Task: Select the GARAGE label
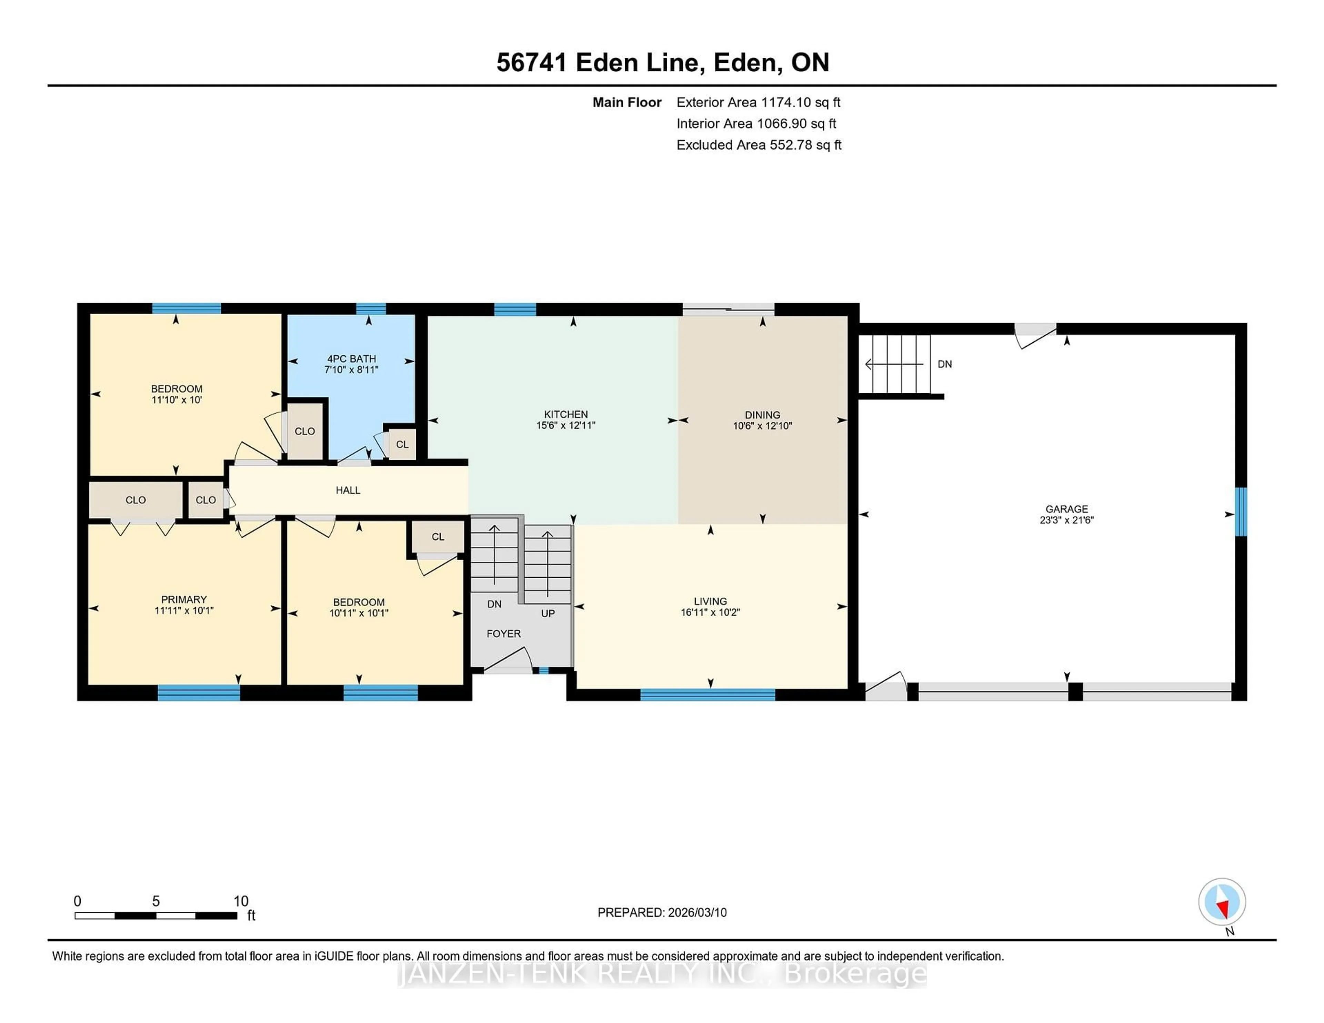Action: click(x=1066, y=509)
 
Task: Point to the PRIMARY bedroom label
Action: click(x=184, y=599)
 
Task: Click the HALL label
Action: click(x=348, y=490)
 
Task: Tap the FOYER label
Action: click(x=503, y=633)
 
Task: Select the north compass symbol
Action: click(x=1222, y=902)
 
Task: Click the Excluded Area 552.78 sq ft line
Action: click(x=759, y=145)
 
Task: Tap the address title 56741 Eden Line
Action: click(x=600, y=62)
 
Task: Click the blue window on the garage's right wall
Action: click(x=1240, y=512)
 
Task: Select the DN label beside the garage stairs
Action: click(x=944, y=364)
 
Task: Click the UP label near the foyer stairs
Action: click(x=548, y=613)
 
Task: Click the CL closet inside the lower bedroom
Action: click(x=438, y=537)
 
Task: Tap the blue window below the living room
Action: click(x=708, y=695)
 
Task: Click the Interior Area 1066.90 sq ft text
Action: click(x=756, y=124)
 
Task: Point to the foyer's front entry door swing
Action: click(x=509, y=661)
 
